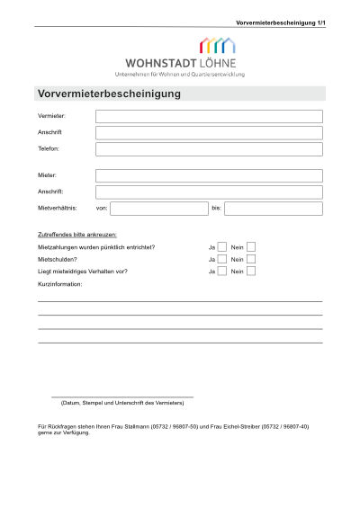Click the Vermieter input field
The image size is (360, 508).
pos(209,116)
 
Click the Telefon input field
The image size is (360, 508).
pos(209,149)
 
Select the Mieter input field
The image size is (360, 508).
pos(209,175)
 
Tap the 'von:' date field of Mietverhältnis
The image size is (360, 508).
pos(159,209)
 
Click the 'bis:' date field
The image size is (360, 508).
pos(273,209)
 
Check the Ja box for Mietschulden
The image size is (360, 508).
pos(222,259)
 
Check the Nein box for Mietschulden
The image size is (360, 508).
pos(251,259)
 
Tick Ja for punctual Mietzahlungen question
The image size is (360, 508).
pos(222,246)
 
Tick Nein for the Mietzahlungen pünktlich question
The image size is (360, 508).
pos(251,246)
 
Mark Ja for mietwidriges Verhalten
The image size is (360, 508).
pos(222,271)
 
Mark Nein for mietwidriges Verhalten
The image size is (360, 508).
pos(251,271)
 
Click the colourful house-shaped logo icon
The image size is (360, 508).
pos(217,47)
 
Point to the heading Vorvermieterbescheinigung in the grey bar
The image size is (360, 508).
pos(109,94)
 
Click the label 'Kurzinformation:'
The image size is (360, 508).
pos(59,283)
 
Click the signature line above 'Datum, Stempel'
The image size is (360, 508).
pos(122,397)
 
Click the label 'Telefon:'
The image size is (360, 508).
pos(49,149)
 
